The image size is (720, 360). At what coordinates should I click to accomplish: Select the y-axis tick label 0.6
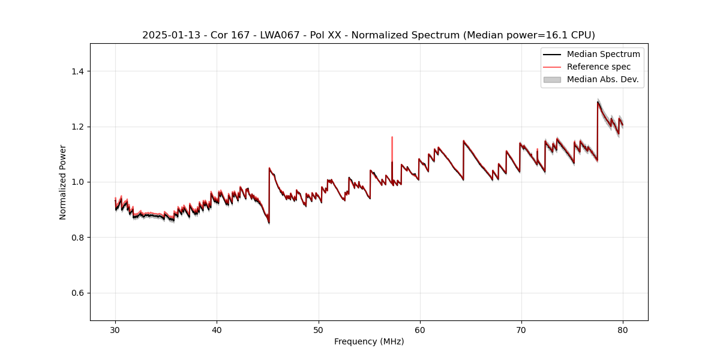(77, 293)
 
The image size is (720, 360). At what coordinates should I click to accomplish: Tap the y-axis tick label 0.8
(77, 238)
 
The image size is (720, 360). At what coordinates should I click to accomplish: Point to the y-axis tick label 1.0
(77, 182)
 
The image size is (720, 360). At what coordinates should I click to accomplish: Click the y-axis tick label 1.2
(77, 127)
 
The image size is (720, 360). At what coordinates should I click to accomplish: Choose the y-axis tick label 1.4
(77, 71)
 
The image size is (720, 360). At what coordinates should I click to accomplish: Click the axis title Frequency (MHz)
(369, 341)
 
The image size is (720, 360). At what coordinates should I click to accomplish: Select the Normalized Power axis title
(63, 182)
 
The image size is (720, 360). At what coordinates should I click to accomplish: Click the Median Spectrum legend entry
(603, 54)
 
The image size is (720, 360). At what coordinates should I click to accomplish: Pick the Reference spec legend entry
(598, 67)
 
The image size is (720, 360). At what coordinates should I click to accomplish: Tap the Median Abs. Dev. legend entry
(602, 79)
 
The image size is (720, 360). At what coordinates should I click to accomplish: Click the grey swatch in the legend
(552, 79)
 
